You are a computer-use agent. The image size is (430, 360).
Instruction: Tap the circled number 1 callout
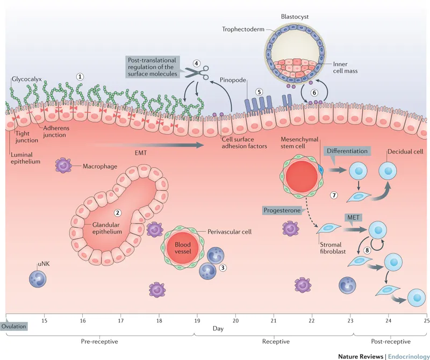pyautogui.click(x=80, y=76)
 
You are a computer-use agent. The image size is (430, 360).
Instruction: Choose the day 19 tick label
pyautogui.click(x=197, y=321)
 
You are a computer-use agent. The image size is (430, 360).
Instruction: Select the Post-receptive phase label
pyautogui.click(x=391, y=341)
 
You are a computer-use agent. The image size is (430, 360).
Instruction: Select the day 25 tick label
pyautogui.click(x=425, y=321)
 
